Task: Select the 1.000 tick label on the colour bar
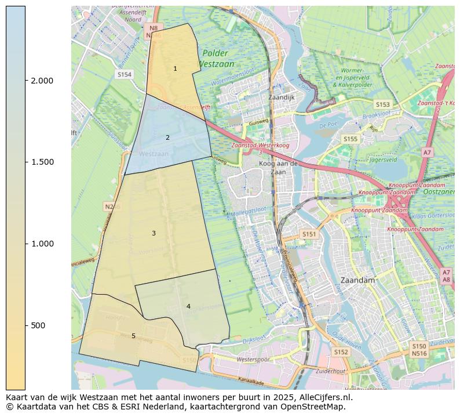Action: (42, 244)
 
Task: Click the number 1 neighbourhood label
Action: (175, 69)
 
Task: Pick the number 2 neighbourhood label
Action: (167, 137)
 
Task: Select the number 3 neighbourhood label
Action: (154, 233)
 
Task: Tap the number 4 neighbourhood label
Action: (188, 306)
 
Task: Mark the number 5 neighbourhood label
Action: (133, 336)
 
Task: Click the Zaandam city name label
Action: (358, 280)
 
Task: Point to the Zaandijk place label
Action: (282, 97)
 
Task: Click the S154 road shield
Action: (125, 75)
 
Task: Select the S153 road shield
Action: (382, 104)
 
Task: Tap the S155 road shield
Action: (350, 139)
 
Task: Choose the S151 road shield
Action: (309, 234)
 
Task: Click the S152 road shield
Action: (341, 352)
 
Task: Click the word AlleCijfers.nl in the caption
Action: (325, 397)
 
